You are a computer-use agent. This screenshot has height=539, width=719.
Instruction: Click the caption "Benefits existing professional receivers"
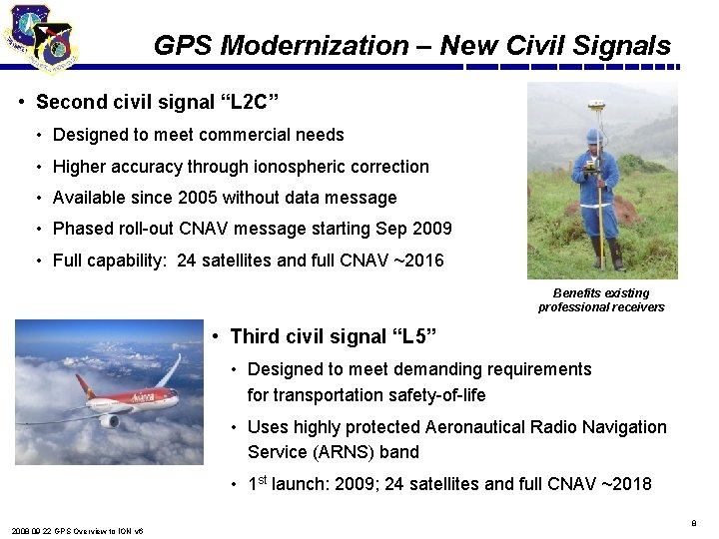(601, 300)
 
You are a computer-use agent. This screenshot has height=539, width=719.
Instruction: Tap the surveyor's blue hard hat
(594, 135)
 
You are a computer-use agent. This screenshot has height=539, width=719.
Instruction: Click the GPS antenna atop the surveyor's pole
(597, 104)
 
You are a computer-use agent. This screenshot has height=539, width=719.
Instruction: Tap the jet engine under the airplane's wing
(109, 420)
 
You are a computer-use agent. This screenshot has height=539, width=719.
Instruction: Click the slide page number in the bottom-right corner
(692, 522)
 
